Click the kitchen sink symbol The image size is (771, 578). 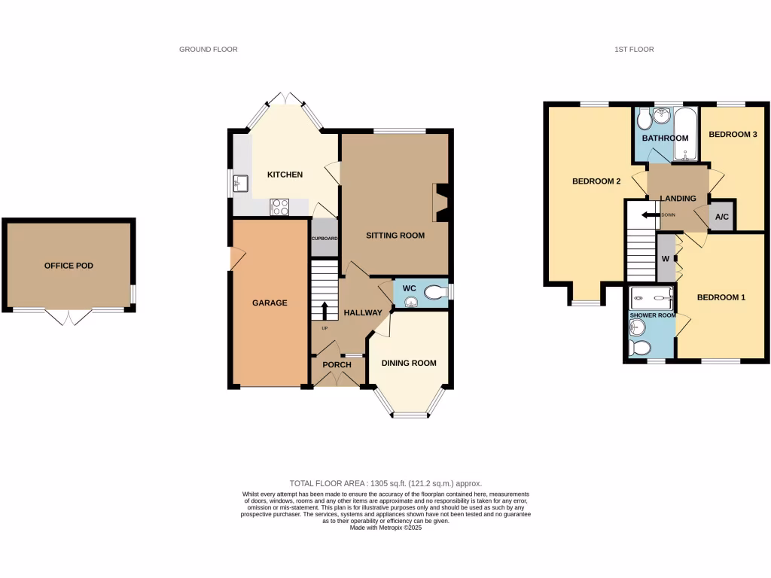(241, 182)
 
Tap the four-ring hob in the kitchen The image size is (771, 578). (279, 206)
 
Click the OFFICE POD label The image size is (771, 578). (69, 266)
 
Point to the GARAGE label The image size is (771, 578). (270, 303)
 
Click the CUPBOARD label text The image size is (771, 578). (325, 239)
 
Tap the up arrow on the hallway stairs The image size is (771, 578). (325, 310)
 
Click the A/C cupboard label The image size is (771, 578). (722, 217)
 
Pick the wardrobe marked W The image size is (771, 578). (666, 258)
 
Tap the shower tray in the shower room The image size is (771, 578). (651, 295)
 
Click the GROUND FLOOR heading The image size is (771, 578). (209, 50)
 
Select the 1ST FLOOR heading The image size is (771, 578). (634, 50)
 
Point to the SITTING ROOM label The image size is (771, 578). (395, 236)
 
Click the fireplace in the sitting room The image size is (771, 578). (442, 203)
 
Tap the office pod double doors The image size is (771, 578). (69, 318)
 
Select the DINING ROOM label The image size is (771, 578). (409, 363)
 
